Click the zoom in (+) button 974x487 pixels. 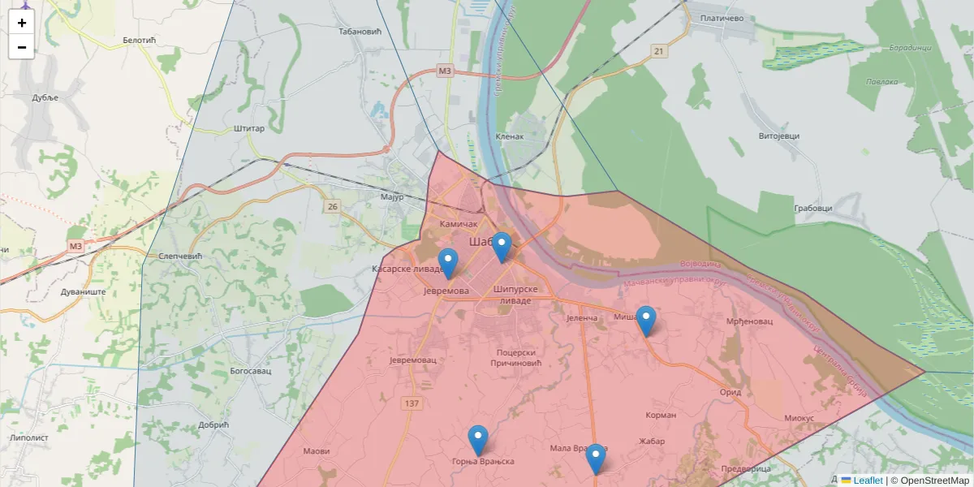[21, 23]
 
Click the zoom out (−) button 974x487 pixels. [21, 47]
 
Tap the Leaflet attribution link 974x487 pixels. [868, 481]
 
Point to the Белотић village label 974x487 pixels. [140, 40]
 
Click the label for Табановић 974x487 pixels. [360, 32]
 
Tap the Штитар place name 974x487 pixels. [248, 128]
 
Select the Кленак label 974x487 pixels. [510, 136]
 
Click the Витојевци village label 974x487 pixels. [778, 136]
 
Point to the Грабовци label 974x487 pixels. [812, 209]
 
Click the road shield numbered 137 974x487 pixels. [412, 403]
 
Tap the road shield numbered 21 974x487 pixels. [658, 52]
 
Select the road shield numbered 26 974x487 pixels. [332, 207]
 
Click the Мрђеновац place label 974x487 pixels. [749, 321]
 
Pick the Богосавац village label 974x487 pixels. [250, 370]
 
